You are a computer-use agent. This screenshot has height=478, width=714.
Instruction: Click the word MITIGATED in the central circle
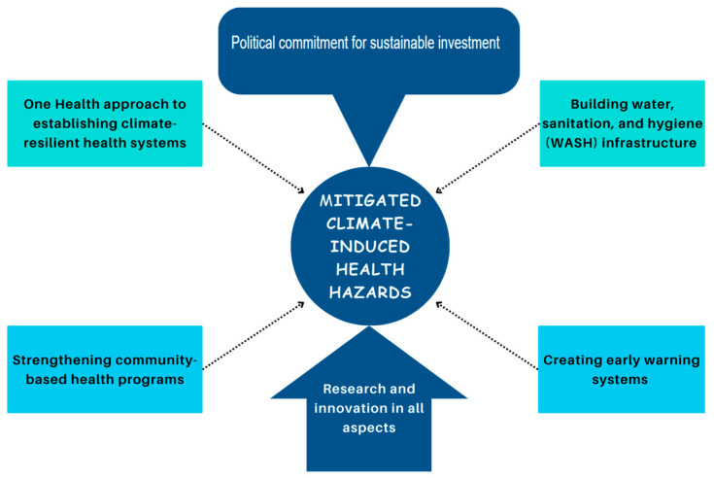coord(370,200)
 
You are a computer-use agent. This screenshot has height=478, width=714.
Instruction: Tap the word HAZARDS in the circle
coord(370,292)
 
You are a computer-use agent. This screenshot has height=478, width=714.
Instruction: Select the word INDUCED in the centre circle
coord(370,246)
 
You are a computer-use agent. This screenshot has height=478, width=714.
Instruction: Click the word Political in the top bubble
coord(254,43)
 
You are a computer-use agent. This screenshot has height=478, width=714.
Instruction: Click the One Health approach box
coord(105,123)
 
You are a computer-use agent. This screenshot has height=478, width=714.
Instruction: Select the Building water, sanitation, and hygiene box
coord(622,123)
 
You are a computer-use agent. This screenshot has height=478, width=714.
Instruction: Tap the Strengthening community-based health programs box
coord(105,369)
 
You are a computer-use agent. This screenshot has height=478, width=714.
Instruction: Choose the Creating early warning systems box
coord(622,369)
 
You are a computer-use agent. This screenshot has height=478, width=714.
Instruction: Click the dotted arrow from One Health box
coord(254,158)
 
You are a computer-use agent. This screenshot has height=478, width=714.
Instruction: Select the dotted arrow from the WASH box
coord(488,158)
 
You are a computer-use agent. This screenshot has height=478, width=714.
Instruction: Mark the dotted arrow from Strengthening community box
coord(254,335)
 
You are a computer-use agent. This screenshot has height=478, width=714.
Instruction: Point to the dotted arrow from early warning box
coord(487,335)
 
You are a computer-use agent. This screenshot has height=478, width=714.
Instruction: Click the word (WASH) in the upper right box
coord(571,143)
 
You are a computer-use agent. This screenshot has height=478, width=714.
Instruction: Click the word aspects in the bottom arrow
coord(369,428)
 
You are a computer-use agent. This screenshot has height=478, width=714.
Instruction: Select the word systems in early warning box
coord(620,380)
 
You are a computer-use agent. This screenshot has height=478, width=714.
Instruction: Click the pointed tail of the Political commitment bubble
coord(369,166)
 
